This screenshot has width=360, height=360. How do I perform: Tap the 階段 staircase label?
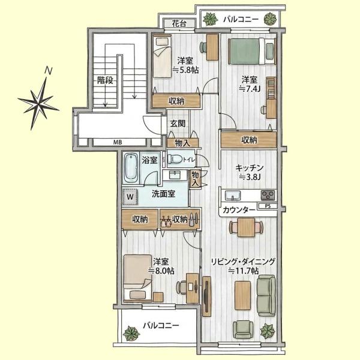pyautogui.click(x=105, y=80)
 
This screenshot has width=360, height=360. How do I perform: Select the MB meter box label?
pyautogui.click(x=118, y=142)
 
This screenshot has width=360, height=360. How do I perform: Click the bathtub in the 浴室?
pyautogui.click(x=131, y=167)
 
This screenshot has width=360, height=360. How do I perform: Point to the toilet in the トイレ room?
pyautogui.click(x=175, y=159)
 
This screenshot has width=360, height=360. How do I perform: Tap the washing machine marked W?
pyautogui.click(x=130, y=197)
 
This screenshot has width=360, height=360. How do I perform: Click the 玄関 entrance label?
pyautogui.click(x=178, y=124)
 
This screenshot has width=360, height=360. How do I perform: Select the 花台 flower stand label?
pyautogui.click(x=179, y=23)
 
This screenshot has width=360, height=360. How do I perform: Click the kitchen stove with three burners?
pyautogui.click(x=268, y=196)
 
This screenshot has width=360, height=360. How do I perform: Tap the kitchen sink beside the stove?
pyautogui.click(x=233, y=196)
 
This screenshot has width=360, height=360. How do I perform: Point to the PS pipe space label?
pyautogui.click(x=268, y=206)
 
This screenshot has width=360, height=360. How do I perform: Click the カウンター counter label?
pyautogui.click(x=239, y=210)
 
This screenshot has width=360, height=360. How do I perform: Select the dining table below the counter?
pyautogui.click(x=246, y=227)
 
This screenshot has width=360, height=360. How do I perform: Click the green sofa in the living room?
pyautogui.click(x=266, y=296)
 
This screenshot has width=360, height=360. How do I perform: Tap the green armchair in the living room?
pyautogui.click(x=243, y=329)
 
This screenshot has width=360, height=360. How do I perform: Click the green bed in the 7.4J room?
pyautogui.click(x=251, y=51)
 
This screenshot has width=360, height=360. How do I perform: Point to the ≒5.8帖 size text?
pyautogui.click(x=185, y=70)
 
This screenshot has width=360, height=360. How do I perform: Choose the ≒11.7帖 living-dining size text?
pyautogui.click(x=243, y=271)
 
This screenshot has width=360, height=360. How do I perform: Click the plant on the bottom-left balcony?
pyautogui.click(x=131, y=334)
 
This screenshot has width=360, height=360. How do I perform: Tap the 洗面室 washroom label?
pyautogui.click(x=163, y=194)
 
